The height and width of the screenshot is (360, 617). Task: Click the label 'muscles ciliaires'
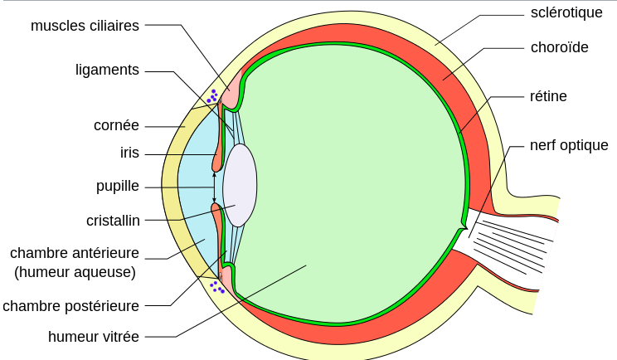pyautogui.click(x=85, y=26)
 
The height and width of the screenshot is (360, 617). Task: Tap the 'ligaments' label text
pyautogui.click(x=107, y=71)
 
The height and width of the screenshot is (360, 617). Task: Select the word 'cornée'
pyautogui.click(x=116, y=126)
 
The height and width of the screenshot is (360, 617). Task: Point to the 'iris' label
pyautogui.click(x=129, y=153)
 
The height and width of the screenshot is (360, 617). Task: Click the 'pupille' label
pyautogui.click(x=118, y=186)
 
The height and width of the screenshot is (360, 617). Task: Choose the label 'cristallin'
pyautogui.click(x=113, y=221)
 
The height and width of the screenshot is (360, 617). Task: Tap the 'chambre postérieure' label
pyautogui.click(x=71, y=306)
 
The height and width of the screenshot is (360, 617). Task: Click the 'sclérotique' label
pyautogui.click(x=566, y=12)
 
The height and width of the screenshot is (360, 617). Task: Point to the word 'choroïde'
pyautogui.click(x=560, y=47)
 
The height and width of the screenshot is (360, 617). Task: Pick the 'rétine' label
pyautogui.click(x=548, y=96)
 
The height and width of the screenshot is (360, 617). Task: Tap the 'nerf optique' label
pyautogui.click(x=569, y=146)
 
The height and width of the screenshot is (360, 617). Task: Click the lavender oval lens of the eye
pyautogui.click(x=240, y=185)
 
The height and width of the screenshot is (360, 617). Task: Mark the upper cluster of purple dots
pyautogui.click(x=212, y=96)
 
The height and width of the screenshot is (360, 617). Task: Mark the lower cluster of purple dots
pyautogui.click(x=216, y=287)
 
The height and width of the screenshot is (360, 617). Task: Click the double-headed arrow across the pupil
pyautogui.click(x=214, y=187)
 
